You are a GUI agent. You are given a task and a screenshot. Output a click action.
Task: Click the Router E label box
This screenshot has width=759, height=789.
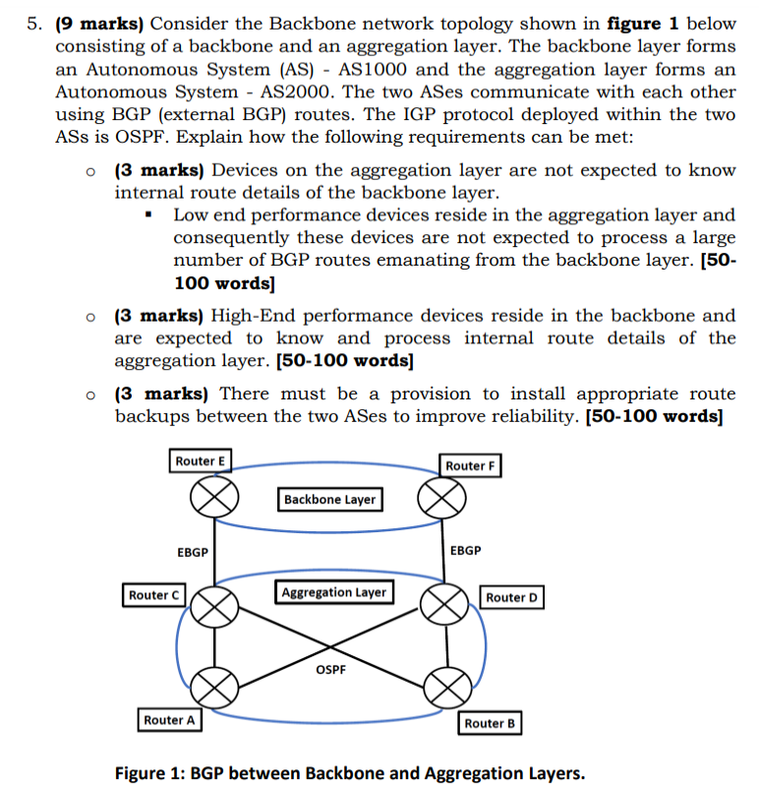[201, 461]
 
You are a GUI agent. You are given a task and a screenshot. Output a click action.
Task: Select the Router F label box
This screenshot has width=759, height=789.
[471, 465]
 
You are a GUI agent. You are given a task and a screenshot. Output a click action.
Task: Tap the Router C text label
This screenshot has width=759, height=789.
[154, 595]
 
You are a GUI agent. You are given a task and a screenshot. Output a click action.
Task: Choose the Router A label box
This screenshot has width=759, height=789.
[169, 720]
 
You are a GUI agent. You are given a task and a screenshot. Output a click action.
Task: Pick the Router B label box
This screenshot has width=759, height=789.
[490, 723]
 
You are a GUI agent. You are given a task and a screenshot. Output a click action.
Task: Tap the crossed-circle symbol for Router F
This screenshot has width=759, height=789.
[438, 499]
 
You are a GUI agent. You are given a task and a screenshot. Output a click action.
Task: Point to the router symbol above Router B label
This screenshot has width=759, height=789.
[446, 684]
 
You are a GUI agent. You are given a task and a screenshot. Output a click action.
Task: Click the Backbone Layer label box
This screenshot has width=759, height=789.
[329, 500]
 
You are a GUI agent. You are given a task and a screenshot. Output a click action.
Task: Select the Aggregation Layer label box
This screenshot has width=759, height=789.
[334, 592]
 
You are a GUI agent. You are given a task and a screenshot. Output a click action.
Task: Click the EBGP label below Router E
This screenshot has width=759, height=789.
[193, 552]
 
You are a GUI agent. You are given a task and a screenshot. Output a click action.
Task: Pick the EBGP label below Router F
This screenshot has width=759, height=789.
[465, 550]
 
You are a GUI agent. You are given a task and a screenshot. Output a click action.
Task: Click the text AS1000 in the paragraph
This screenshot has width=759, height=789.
[374, 69]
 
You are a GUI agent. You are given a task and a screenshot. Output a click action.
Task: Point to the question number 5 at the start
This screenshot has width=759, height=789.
[33, 23]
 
